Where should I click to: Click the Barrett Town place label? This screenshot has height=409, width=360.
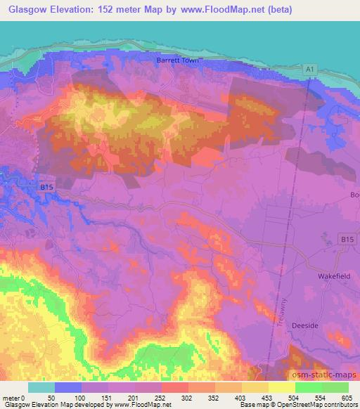tap(179, 60)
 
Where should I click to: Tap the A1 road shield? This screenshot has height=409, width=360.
tap(310, 68)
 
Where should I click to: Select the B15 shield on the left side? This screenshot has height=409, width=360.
tap(46, 187)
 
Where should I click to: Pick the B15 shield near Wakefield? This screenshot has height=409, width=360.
tap(345, 240)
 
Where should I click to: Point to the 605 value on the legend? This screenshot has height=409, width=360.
tap(347, 398)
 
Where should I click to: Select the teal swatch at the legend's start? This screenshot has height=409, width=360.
tap(41, 387)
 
